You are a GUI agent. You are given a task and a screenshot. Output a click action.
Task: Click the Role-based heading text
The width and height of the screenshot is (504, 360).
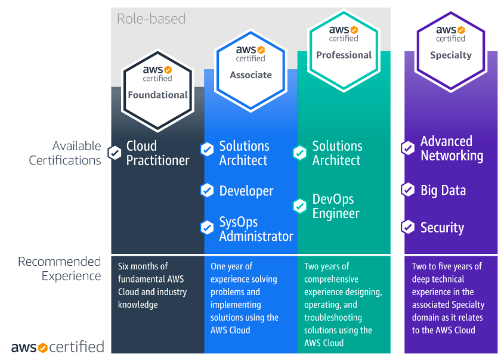(151, 18)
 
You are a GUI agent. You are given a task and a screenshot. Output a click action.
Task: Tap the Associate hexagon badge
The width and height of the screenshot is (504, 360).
(251, 66)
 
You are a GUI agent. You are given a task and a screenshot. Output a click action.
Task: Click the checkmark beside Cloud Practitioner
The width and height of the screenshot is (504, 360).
(114, 153)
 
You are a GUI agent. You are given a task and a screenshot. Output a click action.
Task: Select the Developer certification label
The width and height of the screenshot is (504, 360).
(246, 191)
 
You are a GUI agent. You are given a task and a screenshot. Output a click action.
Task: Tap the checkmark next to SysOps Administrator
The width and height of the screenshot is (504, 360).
(207, 227)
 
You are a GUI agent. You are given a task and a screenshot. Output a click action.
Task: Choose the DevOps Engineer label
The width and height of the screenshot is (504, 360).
(333, 206)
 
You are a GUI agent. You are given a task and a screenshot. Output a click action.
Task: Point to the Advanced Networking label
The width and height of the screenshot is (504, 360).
(452, 148)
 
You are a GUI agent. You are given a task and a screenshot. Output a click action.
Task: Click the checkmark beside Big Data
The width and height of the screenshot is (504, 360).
(408, 190)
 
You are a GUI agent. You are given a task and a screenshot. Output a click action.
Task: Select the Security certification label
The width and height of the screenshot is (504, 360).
(442, 228)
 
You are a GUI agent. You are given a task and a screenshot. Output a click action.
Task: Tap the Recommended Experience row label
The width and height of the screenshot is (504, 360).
(60, 269)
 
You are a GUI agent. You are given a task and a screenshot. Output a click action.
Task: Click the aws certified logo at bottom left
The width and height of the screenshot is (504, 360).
(58, 347)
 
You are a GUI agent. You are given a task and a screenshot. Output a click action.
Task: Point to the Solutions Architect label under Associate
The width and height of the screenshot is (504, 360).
(244, 153)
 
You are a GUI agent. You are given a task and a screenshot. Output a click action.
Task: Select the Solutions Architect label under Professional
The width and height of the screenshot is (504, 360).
(337, 153)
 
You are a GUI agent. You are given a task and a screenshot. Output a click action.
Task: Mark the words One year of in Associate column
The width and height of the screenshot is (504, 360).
(231, 266)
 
